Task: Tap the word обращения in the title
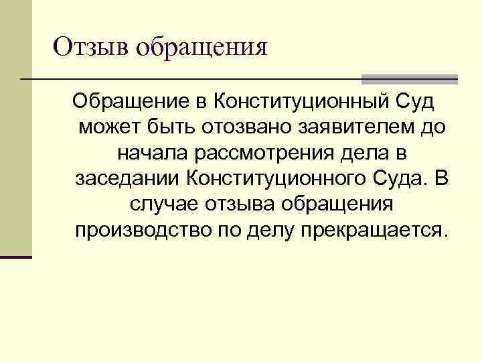tap(201, 48)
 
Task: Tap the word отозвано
tap(248, 128)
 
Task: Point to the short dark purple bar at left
tap(16, 257)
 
